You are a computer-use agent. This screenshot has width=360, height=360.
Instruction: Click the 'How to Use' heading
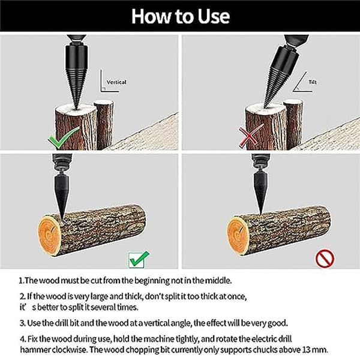(181, 16)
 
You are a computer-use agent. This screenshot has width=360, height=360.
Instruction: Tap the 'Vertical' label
(116, 82)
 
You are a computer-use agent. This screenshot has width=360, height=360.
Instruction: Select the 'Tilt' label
(313, 82)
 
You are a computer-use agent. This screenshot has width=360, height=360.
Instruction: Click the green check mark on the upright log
(64, 137)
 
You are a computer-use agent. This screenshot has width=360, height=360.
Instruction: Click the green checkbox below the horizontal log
(139, 259)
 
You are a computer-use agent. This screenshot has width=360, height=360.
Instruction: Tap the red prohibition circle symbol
(325, 258)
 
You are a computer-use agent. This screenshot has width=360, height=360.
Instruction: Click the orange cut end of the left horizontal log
(49, 236)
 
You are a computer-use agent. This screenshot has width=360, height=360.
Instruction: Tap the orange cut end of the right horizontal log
(239, 236)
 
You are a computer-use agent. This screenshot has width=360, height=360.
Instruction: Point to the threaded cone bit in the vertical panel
(76, 76)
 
